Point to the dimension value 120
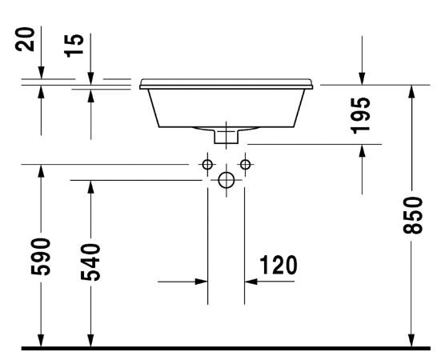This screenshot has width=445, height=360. (x=278, y=265)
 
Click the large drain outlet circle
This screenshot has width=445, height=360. (x=227, y=181)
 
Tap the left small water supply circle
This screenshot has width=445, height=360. (x=207, y=165)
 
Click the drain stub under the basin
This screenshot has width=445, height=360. (x=227, y=137)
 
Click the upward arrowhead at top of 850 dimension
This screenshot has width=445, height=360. (x=412, y=91)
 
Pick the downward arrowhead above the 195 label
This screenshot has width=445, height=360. (x=362, y=77)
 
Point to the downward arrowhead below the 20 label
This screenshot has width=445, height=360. (x=41, y=74)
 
